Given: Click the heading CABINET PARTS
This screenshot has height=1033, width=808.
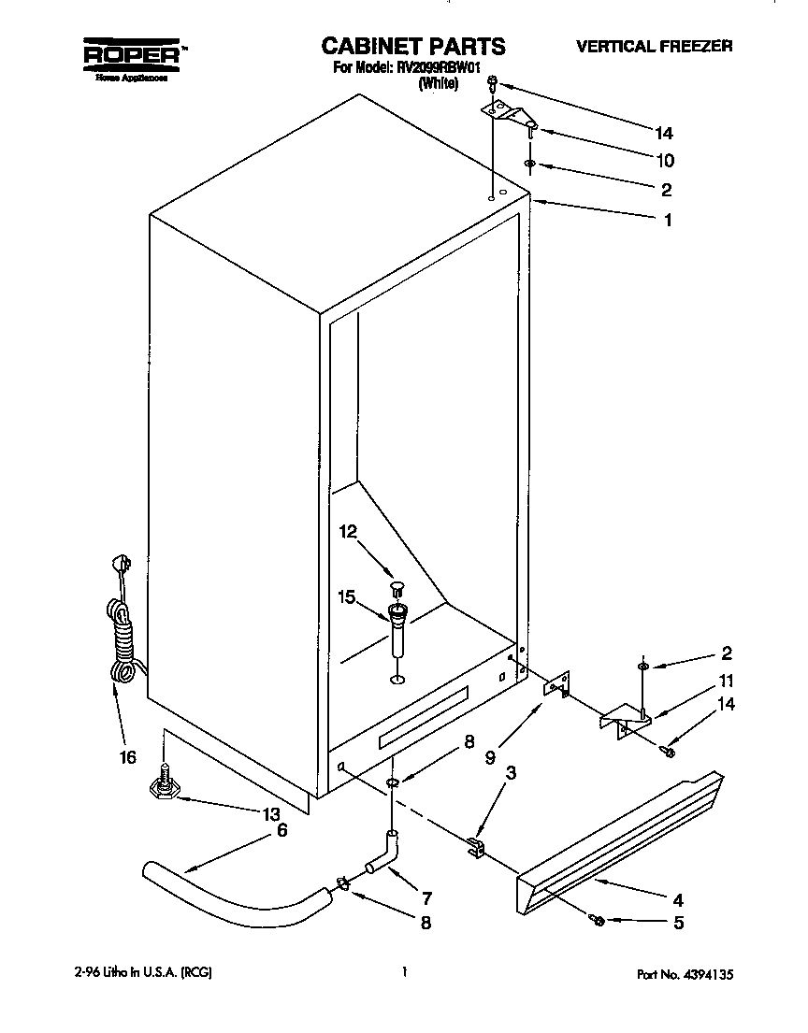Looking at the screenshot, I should click(413, 46).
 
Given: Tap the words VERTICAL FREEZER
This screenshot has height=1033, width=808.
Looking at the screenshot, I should click(654, 46).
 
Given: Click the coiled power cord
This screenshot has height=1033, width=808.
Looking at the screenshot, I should click(121, 622).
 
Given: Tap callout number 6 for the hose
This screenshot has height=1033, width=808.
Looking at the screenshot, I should click(281, 830).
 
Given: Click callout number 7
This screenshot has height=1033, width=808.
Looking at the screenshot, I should click(426, 899).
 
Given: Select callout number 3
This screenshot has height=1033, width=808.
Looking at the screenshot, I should click(510, 773).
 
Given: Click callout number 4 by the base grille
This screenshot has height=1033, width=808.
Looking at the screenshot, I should click(677, 901).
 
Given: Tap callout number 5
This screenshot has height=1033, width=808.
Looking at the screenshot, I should click(677, 924).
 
